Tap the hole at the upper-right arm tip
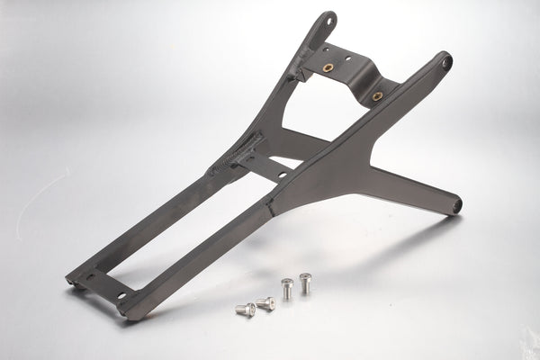pos(445,62)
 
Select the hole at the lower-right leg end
pos(457,206)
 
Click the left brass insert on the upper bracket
pos(328,67)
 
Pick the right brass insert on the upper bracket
pos(377,94)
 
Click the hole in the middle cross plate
pos(282,174)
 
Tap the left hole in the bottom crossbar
pos(89,276)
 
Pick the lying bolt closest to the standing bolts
pos(265,303)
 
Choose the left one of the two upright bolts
pos(287,289)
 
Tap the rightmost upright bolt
pos(305,283)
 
